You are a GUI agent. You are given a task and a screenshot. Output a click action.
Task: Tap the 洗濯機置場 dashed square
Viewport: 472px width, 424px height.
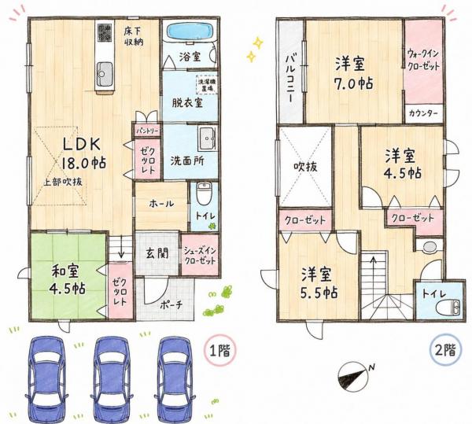pyautogui.click(x=207, y=84)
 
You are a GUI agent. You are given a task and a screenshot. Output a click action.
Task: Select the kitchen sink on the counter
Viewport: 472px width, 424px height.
pyautogui.click(x=105, y=74)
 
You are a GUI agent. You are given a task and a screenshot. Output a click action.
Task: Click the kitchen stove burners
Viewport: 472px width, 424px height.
pyautogui.click(x=105, y=33)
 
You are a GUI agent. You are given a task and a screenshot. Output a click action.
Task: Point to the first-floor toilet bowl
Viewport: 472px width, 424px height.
pyautogui.click(x=205, y=194)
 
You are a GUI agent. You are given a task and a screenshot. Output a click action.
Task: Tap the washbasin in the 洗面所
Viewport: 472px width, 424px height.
pyautogui.click(x=207, y=138)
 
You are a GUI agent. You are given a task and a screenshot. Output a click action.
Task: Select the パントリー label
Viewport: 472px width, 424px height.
pyautogui.click(x=146, y=131)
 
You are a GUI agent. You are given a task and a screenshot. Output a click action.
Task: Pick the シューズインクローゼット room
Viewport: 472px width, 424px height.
pyautogui.click(x=200, y=254)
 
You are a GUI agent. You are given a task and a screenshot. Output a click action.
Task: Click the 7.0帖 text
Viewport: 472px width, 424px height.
pyautogui.click(x=354, y=83)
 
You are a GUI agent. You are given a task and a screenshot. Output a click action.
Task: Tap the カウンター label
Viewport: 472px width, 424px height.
pyautogui.click(x=423, y=114)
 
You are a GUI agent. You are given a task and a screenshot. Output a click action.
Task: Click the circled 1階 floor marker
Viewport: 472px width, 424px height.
pyautogui.click(x=220, y=350)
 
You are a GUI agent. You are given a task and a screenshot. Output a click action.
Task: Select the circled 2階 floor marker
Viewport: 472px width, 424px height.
pyautogui.click(x=446, y=350)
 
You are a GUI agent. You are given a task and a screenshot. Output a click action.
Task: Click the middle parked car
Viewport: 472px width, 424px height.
pyautogui.click(x=112, y=377)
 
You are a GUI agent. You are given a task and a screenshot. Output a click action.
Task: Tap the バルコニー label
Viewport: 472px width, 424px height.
pyautogui.click(x=290, y=79)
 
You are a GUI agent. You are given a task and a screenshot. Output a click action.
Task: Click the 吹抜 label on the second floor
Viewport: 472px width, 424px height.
pyautogui.click(x=305, y=167)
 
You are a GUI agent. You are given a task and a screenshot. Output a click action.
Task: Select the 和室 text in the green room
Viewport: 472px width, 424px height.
pyautogui.click(x=65, y=271)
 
